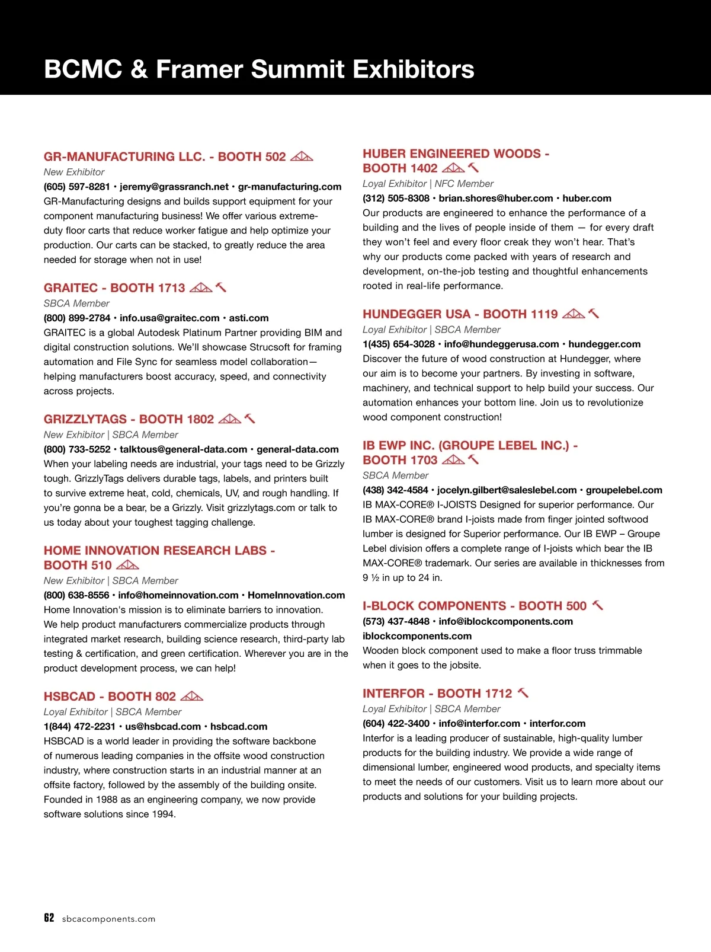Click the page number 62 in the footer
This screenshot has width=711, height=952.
pyautogui.click(x=49, y=918)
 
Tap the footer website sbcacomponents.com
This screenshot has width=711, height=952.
pyautogui.click(x=108, y=919)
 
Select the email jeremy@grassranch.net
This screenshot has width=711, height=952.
pyautogui.click(x=174, y=187)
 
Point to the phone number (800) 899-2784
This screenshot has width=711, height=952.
pyautogui.click(x=77, y=318)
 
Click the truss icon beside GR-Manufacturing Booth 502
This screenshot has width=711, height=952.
pyautogui.click(x=302, y=156)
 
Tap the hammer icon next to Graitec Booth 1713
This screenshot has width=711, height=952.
pyautogui.click(x=221, y=287)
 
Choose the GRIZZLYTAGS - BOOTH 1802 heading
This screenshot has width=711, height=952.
pyautogui.click(x=129, y=419)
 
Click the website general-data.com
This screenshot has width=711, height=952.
pyautogui.click(x=297, y=449)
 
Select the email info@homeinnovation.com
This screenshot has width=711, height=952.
pyautogui.click(x=178, y=595)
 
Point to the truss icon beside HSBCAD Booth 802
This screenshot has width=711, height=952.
pyautogui.click(x=191, y=696)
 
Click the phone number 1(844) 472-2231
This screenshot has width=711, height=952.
pyautogui.click(x=79, y=726)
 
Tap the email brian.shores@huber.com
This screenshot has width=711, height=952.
pyautogui.click(x=495, y=198)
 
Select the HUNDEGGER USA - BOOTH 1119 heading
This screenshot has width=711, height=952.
pyautogui.click(x=460, y=314)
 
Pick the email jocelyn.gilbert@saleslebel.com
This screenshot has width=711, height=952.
pyautogui.click(x=507, y=490)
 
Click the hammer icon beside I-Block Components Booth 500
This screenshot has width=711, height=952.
pyautogui.click(x=598, y=605)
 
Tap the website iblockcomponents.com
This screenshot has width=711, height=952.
pyautogui.click(x=417, y=636)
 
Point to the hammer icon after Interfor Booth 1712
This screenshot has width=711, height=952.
pyautogui.click(x=523, y=693)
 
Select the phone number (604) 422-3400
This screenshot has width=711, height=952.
pyautogui.click(x=396, y=723)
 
